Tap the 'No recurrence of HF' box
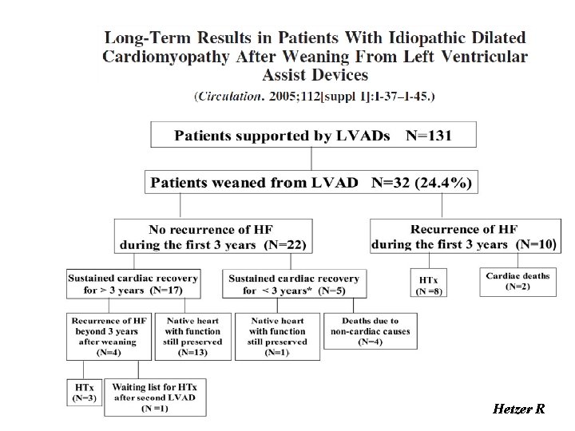(x=213, y=237)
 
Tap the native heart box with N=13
(x=192, y=336)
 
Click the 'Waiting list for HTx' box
(x=155, y=396)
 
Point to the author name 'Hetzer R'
(x=519, y=409)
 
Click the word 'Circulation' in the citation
(x=228, y=96)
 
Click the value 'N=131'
(x=429, y=135)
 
